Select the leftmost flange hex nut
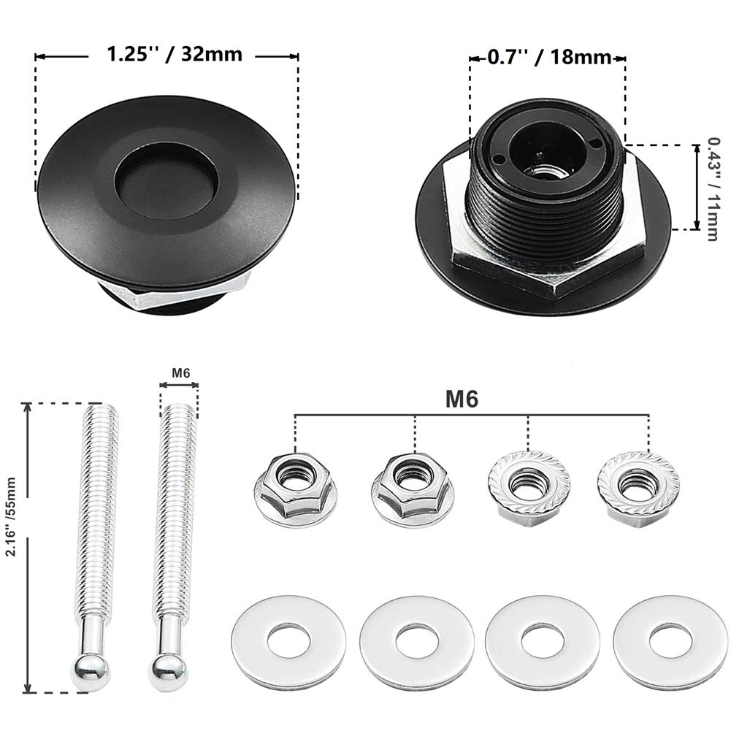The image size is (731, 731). point(295,486)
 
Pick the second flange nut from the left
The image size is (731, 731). point(413,486)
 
